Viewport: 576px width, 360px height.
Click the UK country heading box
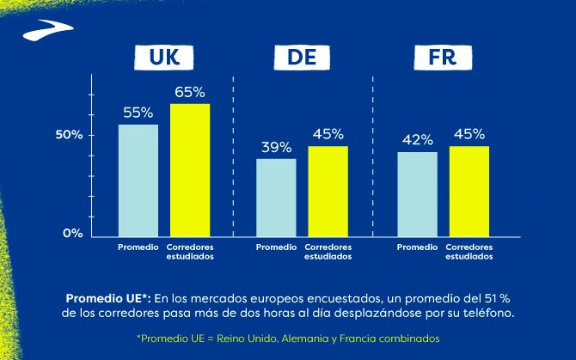(164, 58)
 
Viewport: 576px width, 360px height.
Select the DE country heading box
(300, 58)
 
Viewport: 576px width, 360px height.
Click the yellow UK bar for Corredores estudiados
(190, 169)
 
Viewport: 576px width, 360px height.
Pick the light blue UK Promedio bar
(138, 180)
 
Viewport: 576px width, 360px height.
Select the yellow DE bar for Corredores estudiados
(328, 191)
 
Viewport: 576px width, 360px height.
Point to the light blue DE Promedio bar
(276, 196)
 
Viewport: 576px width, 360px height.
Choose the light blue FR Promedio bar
(417, 193)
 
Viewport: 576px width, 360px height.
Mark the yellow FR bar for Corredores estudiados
(469, 191)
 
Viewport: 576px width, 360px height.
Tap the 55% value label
(138, 112)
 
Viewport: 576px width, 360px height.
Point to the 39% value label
(276, 147)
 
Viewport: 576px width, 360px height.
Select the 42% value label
(417, 140)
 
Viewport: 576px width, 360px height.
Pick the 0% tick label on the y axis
(73, 234)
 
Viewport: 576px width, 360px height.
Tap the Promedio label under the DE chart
(276, 247)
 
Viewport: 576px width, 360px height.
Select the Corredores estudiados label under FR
(469, 251)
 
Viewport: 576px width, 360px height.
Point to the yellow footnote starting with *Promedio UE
(288, 339)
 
